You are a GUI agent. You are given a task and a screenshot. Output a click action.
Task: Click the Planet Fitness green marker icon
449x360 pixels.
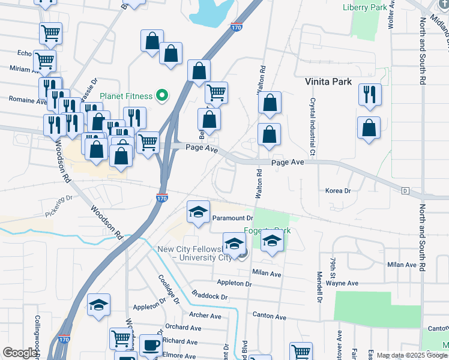161,95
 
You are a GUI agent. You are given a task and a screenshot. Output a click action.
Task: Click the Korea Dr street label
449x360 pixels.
337,191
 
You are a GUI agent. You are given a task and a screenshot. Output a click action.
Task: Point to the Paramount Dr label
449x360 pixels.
233,218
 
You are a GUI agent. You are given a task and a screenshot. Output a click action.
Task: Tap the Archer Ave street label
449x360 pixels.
205,316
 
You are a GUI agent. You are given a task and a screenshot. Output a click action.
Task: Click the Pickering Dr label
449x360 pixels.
58,205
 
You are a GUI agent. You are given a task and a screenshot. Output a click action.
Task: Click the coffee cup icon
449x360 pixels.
150,345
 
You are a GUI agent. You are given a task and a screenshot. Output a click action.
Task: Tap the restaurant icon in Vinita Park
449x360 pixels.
369,94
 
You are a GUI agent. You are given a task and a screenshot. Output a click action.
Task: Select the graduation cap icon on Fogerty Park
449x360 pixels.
272,242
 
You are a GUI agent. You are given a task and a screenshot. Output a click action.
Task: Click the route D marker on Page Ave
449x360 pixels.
406,191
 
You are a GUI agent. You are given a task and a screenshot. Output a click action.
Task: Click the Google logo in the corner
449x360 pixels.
19,353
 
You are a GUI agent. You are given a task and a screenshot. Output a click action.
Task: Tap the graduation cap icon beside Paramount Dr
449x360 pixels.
198,212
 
